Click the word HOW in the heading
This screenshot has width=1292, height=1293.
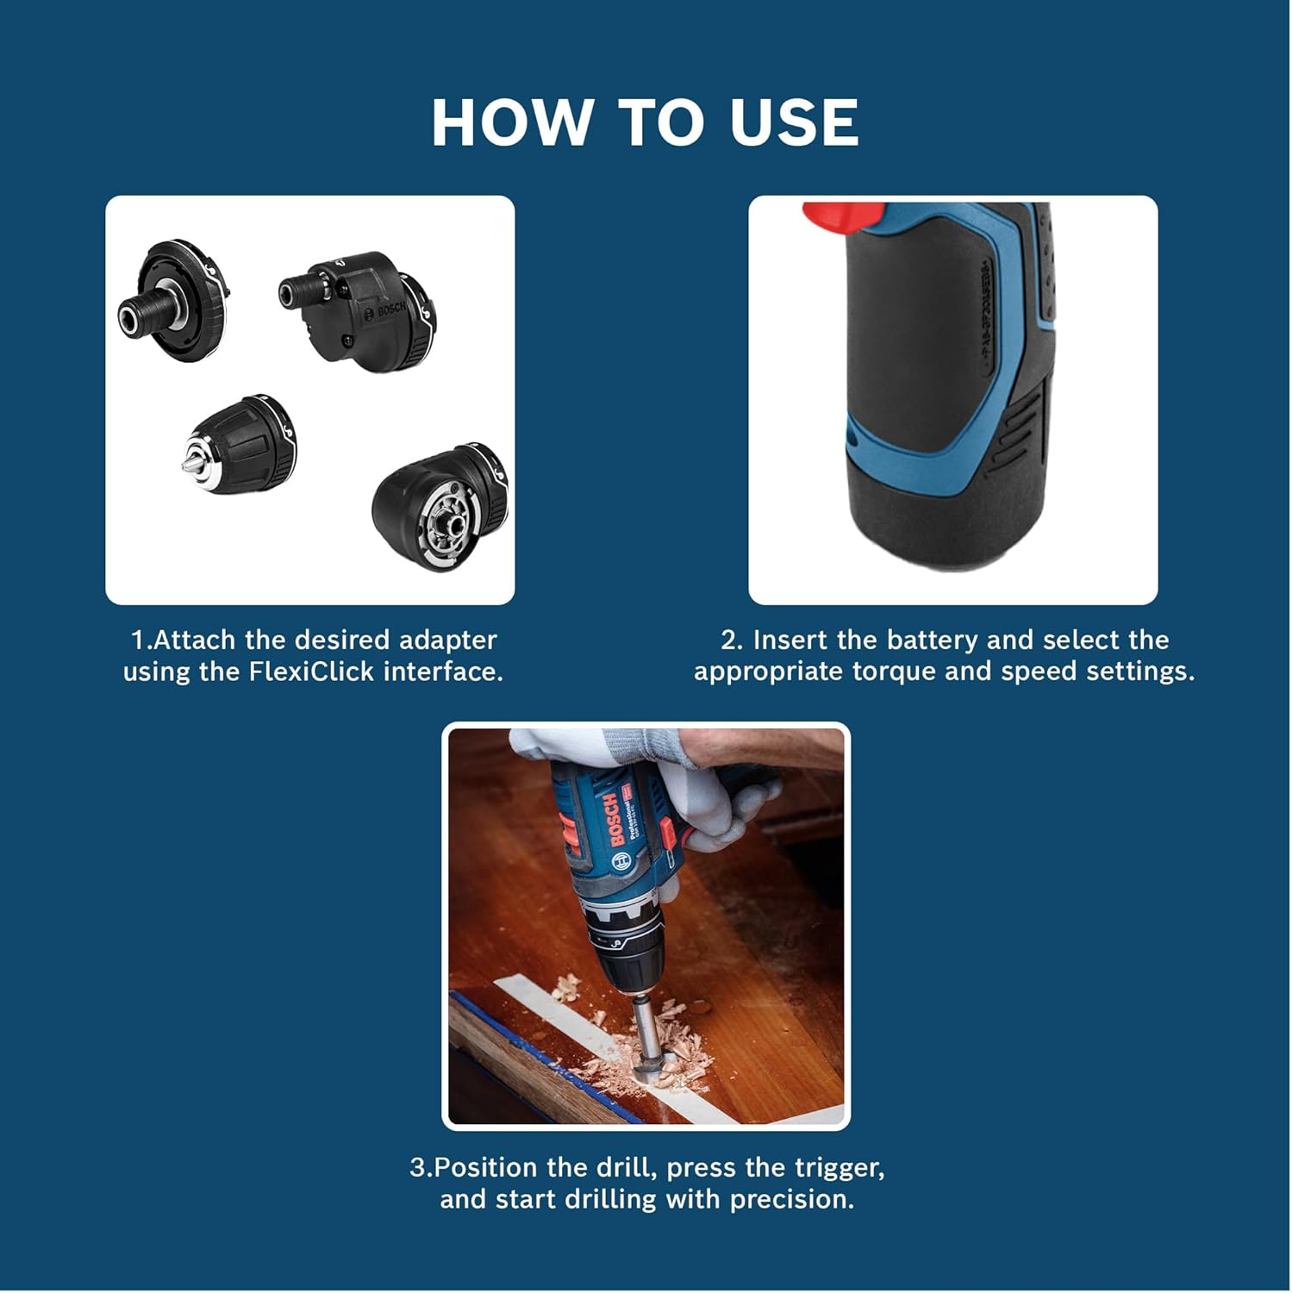512,122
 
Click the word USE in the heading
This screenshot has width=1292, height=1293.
794,122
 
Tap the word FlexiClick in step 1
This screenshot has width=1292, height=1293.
311,671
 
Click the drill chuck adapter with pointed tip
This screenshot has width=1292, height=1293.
240,444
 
